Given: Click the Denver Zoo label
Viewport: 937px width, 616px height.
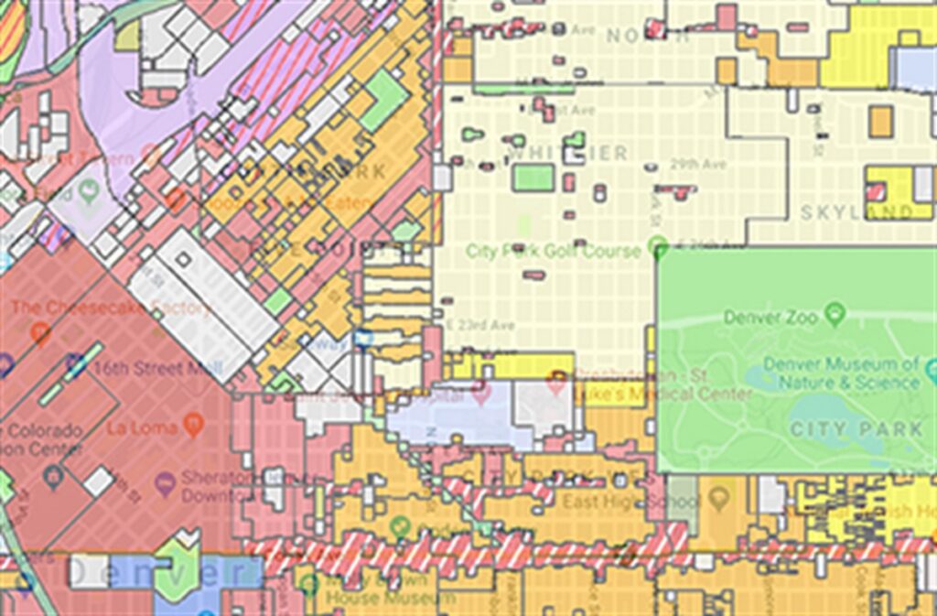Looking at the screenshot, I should point(768,318).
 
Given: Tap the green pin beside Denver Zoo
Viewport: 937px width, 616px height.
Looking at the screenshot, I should point(834,316).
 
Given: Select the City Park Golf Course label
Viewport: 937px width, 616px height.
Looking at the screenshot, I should point(553,250).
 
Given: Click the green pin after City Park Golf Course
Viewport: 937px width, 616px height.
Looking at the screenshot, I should point(656,245).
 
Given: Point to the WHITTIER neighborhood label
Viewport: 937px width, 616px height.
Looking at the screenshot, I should point(568,153).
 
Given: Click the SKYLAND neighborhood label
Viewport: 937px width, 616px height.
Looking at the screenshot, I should point(856,212).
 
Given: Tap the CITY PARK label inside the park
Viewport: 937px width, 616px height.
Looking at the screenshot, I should point(856,429).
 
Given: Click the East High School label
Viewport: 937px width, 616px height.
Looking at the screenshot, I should point(630,502).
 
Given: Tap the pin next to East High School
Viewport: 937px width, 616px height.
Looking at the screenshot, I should point(718,499).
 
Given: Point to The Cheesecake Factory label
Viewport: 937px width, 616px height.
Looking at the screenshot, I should point(112,308).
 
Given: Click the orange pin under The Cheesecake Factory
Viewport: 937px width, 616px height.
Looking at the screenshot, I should point(40,332).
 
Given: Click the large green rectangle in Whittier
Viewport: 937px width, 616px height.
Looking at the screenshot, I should point(533,177).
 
